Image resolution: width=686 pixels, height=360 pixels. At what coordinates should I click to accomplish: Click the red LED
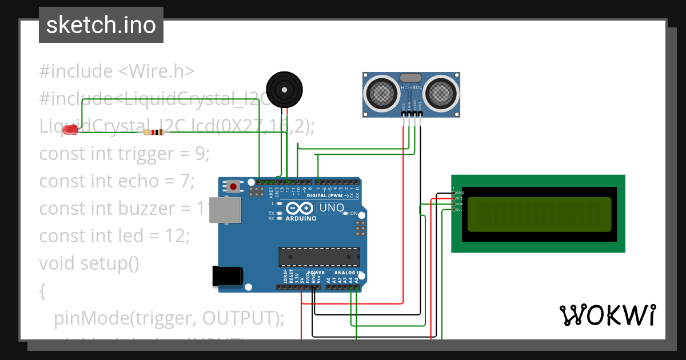click(70, 130)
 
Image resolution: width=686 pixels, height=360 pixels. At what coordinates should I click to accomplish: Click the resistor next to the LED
click(153, 133)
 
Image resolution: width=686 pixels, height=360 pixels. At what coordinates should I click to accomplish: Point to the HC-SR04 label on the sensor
click(411, 87)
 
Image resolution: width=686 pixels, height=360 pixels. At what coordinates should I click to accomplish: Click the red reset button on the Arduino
click(233, 186)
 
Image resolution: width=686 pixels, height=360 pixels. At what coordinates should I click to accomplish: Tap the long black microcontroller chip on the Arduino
click(319, 257)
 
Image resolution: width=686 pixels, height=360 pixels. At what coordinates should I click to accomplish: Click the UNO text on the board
click(331, 207)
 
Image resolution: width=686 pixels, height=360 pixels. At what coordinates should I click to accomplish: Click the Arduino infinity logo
click(300, 209)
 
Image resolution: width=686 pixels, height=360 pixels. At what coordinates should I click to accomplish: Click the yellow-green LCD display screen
click(539, 214)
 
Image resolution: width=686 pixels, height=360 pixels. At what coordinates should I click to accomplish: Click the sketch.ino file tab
click(101, 25)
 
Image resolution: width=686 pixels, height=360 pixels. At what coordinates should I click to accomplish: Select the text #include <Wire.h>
click(117, 71)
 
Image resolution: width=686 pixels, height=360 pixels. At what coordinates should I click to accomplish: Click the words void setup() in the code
click(89, 263)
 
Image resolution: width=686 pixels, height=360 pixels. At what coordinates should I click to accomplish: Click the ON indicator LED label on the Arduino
click(354, 214)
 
